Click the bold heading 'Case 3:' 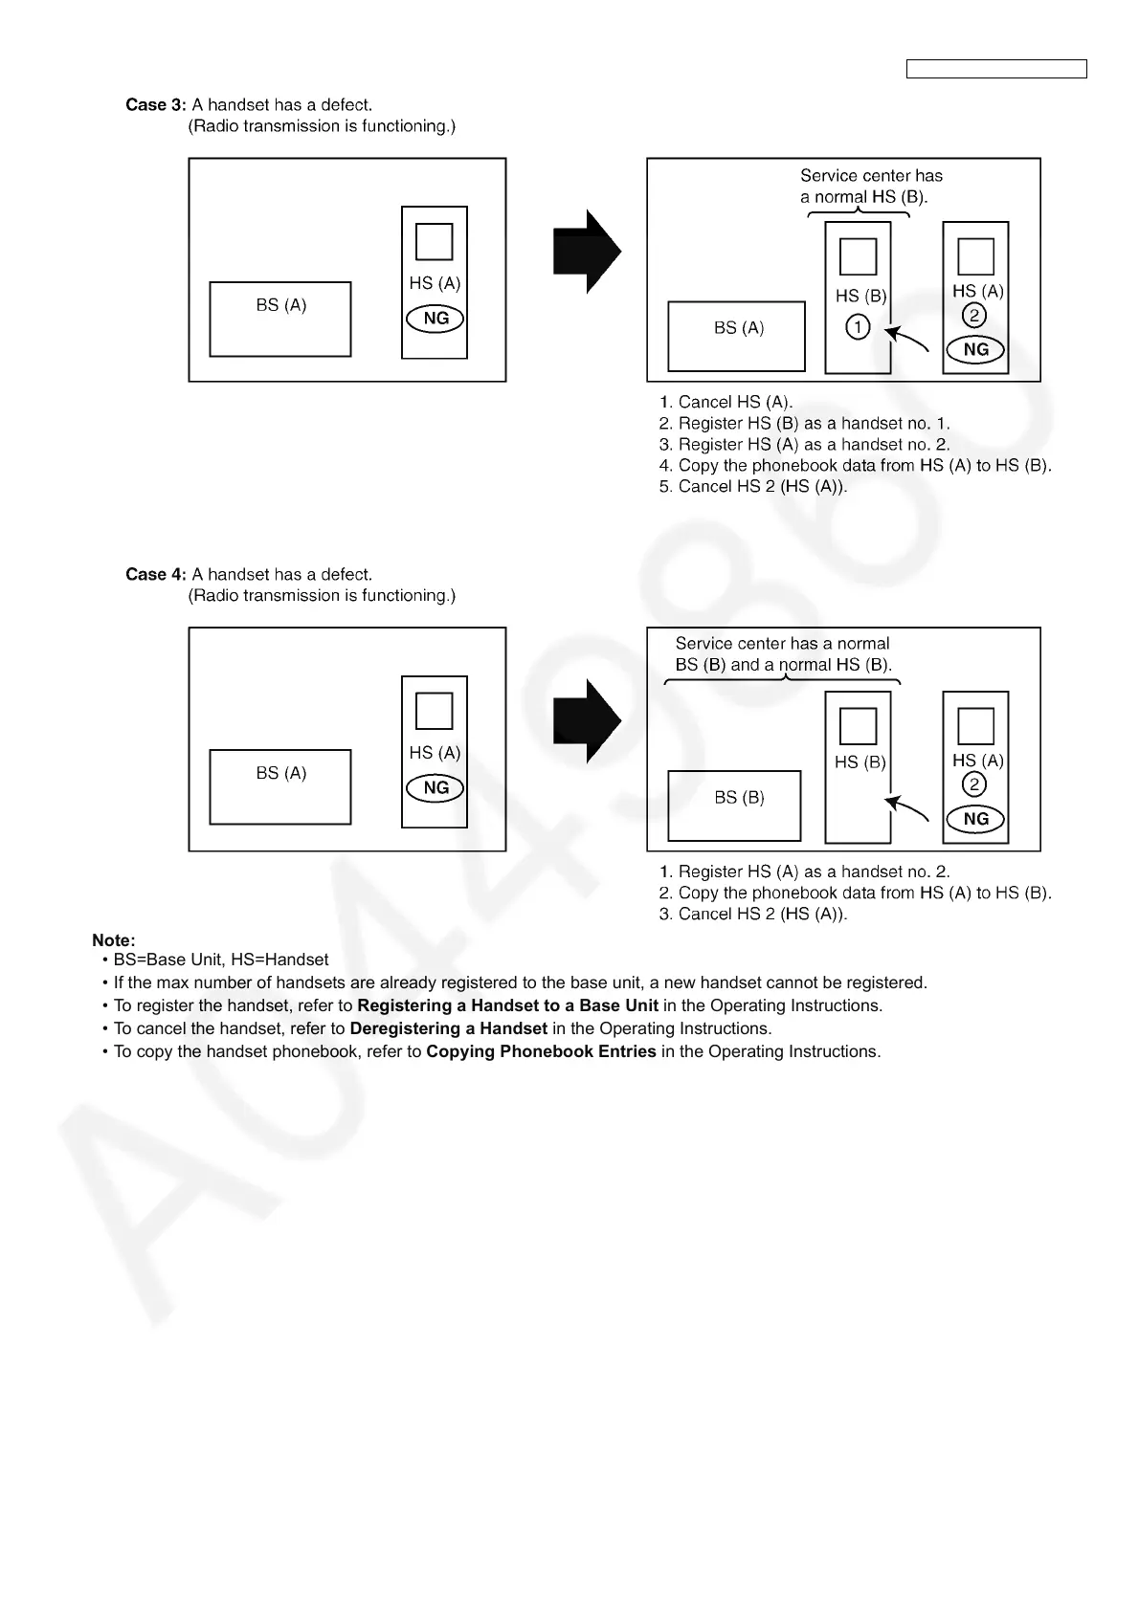tap(156, 105)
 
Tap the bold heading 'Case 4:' tap(156, 575)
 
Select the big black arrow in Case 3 tap(587, 252)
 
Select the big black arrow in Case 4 tap(587, 721)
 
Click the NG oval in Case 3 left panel tap(435, 319)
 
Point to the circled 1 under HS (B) tap(858, 327)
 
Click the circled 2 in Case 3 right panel tap(974, 316)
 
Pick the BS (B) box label tap(739, 798)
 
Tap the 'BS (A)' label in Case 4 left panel tap(280, 773)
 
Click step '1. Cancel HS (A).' tap(726, 403)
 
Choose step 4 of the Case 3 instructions tap(855, 466)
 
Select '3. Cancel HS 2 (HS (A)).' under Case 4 tap(753, 915)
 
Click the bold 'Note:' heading tap(114, 940)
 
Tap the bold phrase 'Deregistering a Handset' tap(449, 1029)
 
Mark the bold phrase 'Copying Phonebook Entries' tap(541, 1052)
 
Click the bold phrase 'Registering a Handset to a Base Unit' tap(507, 1006)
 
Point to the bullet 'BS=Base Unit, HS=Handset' tap(220, 960)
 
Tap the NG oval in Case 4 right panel tap(975, 819)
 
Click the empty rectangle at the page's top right tap(995, 69)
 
